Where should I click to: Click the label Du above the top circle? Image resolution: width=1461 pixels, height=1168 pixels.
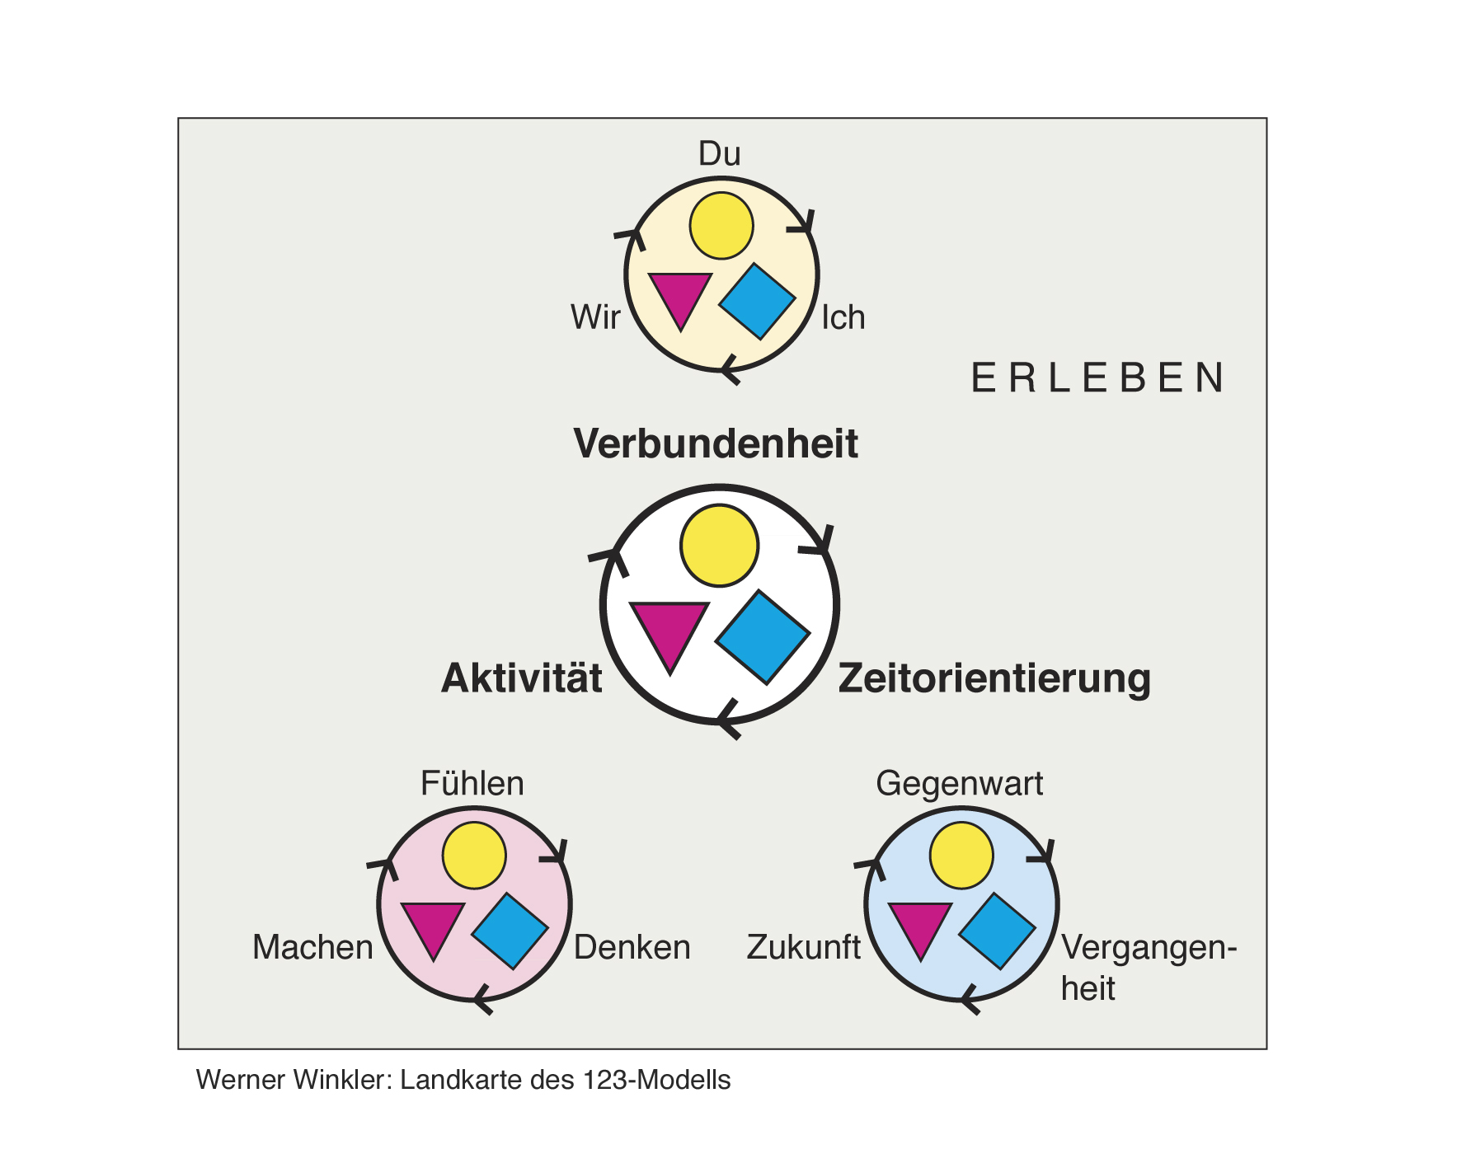720,154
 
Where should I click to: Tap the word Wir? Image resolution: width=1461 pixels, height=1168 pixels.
595,317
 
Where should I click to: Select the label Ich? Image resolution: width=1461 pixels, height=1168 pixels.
843,317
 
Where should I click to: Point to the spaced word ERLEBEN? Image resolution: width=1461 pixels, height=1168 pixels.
1097,378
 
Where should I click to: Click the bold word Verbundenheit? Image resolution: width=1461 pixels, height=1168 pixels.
716,443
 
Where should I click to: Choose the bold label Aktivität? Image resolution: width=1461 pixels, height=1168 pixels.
522,678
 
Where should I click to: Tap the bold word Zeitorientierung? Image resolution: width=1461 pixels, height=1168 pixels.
994,679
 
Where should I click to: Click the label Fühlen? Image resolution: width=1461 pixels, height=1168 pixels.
472,783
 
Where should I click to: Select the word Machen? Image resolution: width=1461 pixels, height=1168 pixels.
313,947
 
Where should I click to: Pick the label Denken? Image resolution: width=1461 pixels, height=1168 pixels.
632,947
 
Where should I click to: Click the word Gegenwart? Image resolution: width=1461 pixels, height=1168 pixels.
960,784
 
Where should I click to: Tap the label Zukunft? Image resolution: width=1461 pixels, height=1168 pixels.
804,947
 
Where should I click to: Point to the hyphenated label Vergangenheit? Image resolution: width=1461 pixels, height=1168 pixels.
1149,968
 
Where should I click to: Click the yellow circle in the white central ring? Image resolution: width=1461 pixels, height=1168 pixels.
720,546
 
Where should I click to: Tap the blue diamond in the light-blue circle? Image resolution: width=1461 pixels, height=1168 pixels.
998,931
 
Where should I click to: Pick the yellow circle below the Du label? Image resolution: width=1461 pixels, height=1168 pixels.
721,226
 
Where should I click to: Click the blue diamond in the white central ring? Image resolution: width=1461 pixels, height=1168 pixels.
763,636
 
